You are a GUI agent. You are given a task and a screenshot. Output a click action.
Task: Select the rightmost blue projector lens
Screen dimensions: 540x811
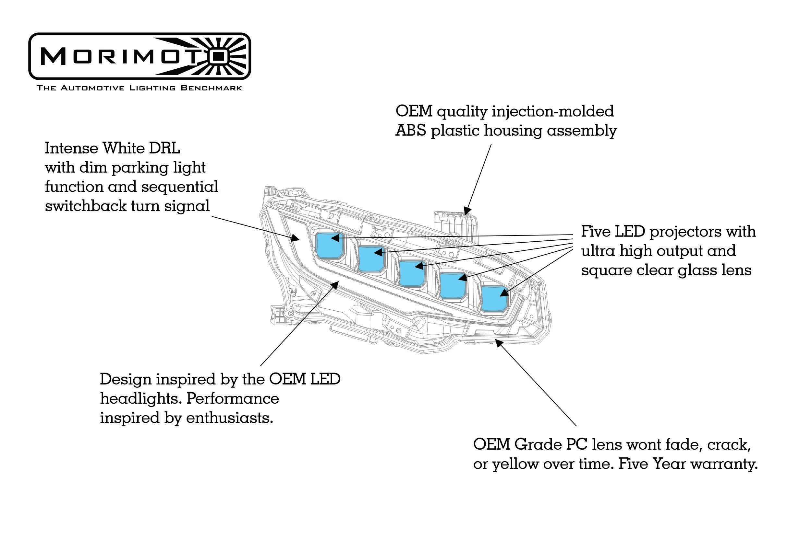[494, 298]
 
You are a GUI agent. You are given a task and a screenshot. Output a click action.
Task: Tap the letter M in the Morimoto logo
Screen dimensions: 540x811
[54, 56]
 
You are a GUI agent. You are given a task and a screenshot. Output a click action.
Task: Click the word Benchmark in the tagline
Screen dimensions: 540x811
[212, 88]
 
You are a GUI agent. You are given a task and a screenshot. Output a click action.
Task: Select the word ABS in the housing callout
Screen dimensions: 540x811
[410, 131]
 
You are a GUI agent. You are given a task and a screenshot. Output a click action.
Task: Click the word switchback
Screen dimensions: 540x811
[86, 206]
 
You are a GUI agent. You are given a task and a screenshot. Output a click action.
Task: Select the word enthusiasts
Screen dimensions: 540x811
[230, 418]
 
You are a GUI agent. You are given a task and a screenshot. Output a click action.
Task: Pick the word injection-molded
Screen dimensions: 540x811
[553, 111]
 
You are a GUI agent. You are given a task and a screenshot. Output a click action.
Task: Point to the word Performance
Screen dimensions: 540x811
[233, 399]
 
